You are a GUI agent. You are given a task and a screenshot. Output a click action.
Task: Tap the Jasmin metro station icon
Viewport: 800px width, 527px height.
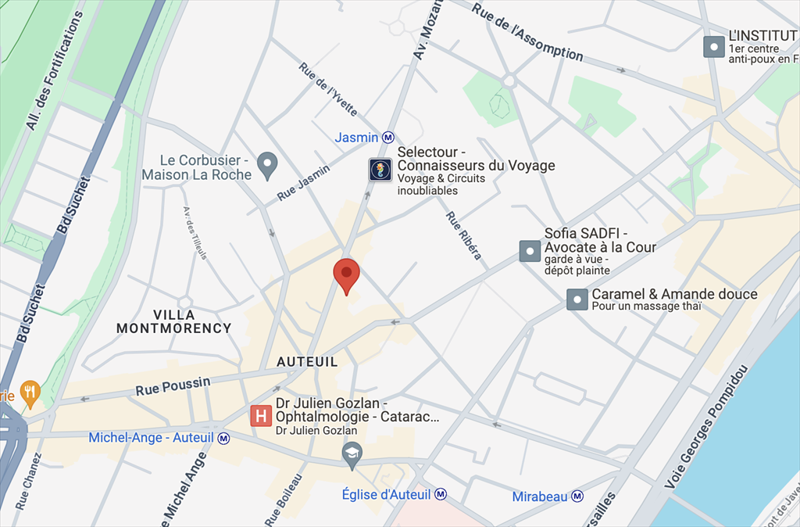click(388, 138)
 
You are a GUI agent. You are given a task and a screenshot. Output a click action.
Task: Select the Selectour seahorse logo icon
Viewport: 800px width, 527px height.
click(380, 170)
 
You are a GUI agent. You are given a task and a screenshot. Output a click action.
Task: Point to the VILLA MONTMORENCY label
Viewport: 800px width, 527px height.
click(174, 321)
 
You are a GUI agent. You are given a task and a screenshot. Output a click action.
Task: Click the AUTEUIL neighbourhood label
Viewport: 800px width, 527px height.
click(307, 362)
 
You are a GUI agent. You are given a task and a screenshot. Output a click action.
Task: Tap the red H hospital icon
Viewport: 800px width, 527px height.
click(261, 416)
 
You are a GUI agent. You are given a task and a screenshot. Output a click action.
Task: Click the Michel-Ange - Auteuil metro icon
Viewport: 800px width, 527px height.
click(224, 438)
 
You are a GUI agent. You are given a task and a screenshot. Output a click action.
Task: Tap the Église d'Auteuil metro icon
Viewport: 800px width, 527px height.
click(441, 494)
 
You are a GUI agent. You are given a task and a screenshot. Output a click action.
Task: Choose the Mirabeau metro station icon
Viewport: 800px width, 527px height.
click(577, 497)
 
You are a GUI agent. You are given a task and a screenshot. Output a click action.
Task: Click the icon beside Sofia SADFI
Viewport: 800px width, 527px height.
click(530, 251)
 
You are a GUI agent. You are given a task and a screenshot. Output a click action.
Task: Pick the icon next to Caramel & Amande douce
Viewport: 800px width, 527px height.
click(577, 299)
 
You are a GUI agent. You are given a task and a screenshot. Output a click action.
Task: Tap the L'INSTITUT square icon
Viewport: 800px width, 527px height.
click(713, 47)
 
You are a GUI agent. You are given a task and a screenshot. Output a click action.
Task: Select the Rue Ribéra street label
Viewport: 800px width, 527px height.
click(463, 235)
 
